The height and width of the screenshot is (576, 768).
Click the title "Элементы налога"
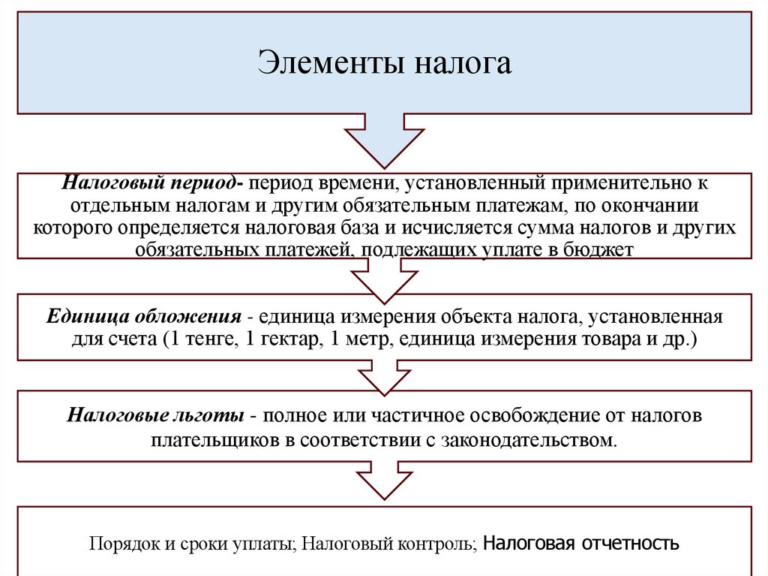click(385, 63)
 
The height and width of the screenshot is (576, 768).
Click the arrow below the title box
click(384, 140)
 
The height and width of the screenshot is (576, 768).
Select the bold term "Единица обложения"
click(144, 316)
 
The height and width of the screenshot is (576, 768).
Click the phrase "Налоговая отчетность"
click(581, 542)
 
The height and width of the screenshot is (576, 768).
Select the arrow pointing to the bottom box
click(384, 481)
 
